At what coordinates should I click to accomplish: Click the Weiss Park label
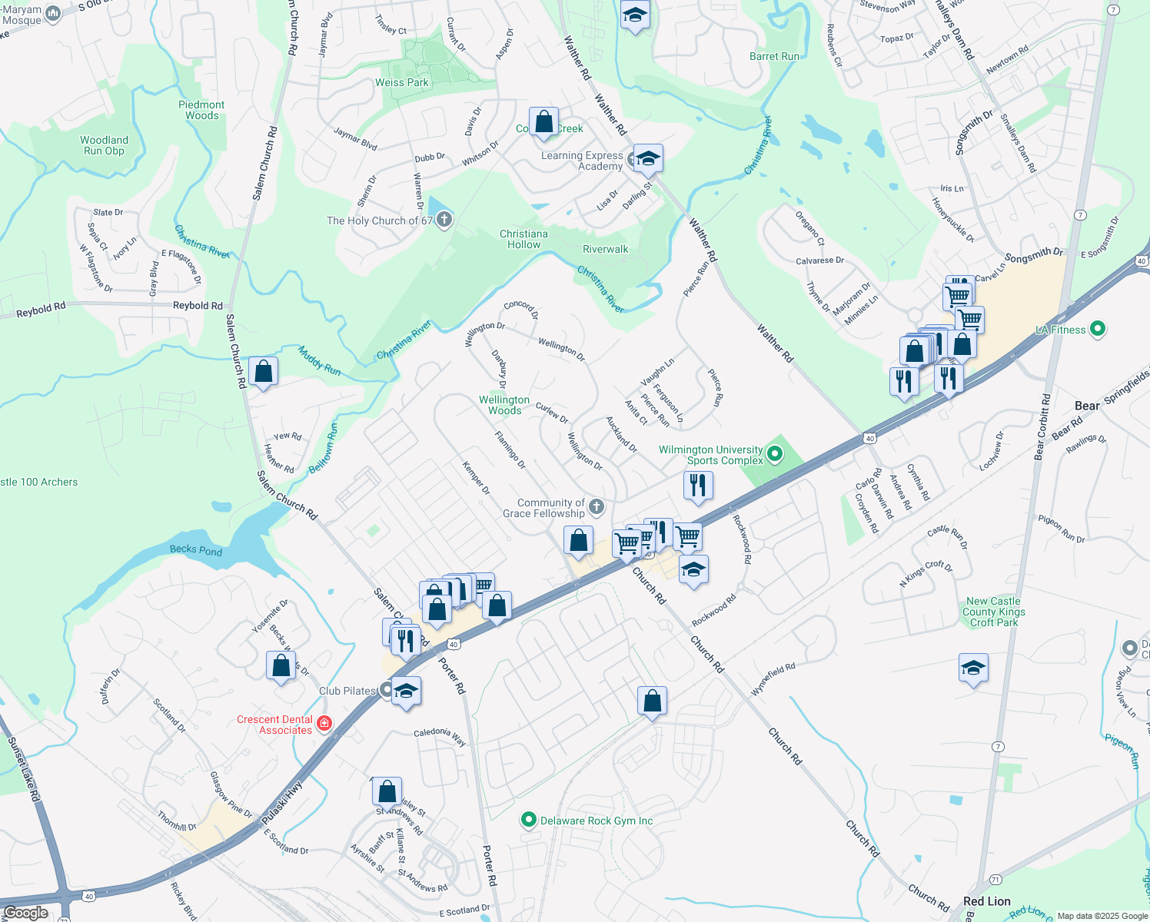point(401,82)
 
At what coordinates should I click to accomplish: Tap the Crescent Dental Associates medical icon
point(324,724)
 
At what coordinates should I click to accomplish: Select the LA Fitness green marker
point(1098,330)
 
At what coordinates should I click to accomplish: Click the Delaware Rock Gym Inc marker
point(528,821)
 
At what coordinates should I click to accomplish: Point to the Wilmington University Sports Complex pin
point(775,455)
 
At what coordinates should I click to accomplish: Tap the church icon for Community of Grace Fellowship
point(597,507)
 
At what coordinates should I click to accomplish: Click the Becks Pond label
point(195,550)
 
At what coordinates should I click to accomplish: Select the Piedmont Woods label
point(201,110)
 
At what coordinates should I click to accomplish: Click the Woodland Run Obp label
point(104,145)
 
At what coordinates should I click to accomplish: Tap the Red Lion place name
point(987,901)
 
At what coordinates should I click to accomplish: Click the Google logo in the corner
point(25,913)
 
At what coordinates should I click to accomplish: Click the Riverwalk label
point(605,249)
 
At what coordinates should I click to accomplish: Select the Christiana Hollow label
point(523,239)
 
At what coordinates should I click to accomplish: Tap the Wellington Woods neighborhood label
point(504,405)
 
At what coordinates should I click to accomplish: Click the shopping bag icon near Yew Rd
point(263,372)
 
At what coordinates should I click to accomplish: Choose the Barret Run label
point(774,56)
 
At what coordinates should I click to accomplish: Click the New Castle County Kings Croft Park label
point(993,612)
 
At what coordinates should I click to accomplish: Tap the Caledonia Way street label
point(440,735)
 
